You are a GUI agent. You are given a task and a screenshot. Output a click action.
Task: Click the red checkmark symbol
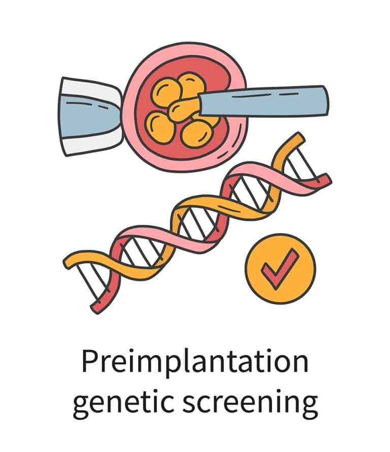click(x=280, y=267)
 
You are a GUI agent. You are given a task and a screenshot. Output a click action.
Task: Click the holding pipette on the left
click(x=89, y=117)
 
